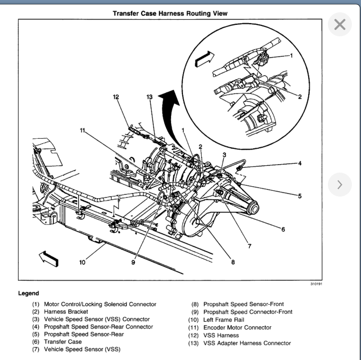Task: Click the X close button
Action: [339, 25]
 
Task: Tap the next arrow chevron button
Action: [339, 185]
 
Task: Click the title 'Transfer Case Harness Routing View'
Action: [170, 14]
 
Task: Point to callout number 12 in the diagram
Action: [116, 97]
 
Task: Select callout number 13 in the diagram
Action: [149, 97]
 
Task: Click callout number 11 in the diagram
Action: [82, 130]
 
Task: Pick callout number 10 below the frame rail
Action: [82, 262]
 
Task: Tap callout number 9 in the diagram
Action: [134, 262]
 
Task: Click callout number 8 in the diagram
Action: [233, 262]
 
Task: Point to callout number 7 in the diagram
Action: [249, 246]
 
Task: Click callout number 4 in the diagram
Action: [300, 163]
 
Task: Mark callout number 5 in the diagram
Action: [299, 196]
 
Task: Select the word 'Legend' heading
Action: [29, 293]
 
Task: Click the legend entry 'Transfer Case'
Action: [63, 342]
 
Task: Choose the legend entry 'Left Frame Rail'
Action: [224, 319]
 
